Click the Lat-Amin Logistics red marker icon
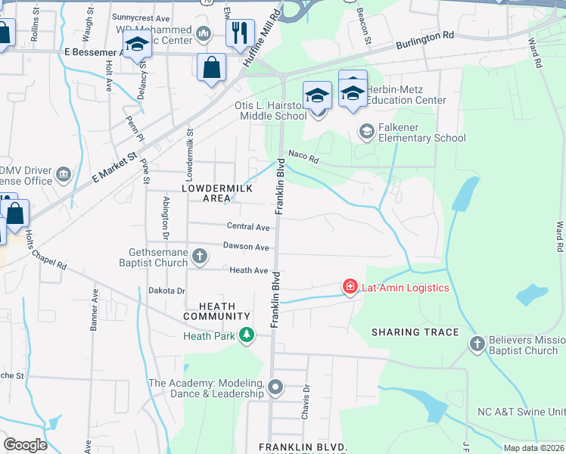click(x=350, y=287)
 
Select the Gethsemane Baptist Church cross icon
click(x=200, y=255)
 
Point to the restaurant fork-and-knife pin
click(x=240, y=33)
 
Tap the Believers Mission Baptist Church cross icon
click(x=477, y=344)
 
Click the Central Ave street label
click(x=248, y=226)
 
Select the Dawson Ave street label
click(x=246, y=247)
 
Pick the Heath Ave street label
click(x=249, y=270)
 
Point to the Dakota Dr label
click(x=166, y=291)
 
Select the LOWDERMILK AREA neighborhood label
click(x=205, y=192)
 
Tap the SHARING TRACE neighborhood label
click(x=415, y=332)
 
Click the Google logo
click(x=25, y=444)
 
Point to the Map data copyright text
click(x=533, y=448)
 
